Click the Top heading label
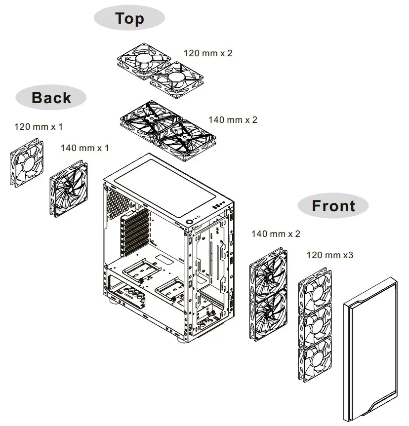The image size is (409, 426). pos(129,19)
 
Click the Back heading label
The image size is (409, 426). pos(51,97)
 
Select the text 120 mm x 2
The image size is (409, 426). pos(207,53)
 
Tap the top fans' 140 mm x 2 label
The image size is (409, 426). pos(232,120)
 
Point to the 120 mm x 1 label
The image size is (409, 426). pos(39,127)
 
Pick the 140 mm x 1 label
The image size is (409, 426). pos(84,148)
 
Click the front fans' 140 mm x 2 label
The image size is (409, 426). pos(275,233)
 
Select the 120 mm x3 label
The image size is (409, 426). pos(329,255)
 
